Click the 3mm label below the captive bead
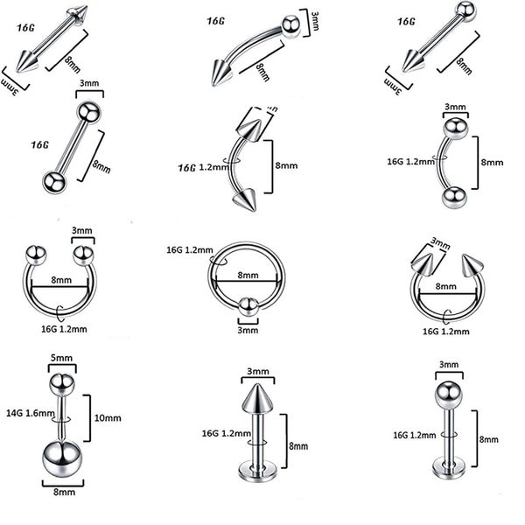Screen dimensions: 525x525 (x=248, y=330)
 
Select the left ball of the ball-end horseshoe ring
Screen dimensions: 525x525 (x=37, y=255)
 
